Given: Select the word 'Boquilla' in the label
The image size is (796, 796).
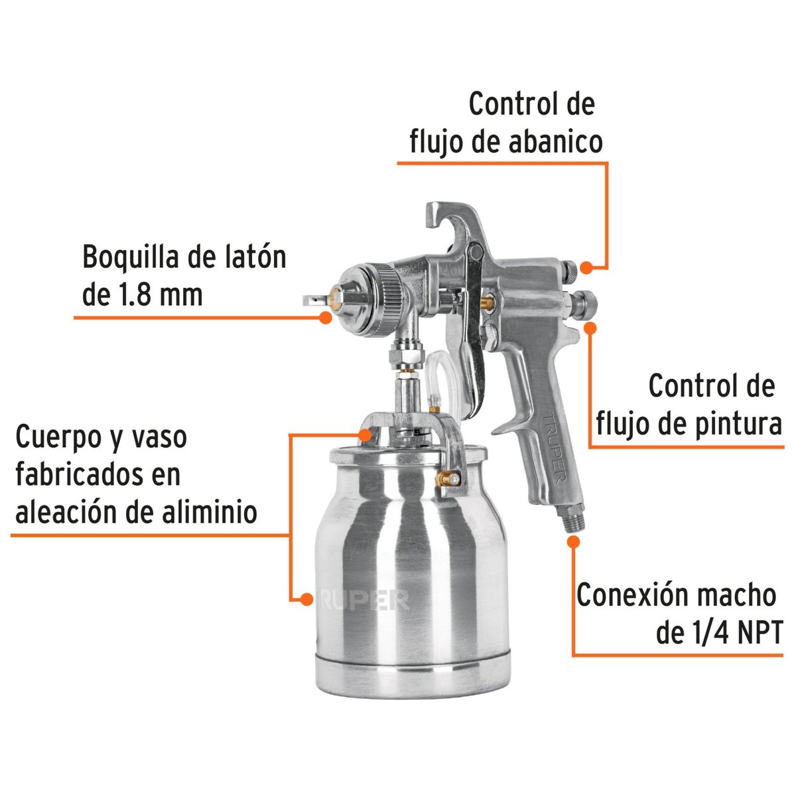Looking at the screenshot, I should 129,257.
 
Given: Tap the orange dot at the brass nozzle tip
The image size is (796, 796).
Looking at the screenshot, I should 325,317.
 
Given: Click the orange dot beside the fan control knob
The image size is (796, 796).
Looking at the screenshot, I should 586,267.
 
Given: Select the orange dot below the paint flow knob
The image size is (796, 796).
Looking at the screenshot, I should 590,326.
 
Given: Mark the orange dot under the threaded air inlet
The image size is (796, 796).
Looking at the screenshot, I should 574,541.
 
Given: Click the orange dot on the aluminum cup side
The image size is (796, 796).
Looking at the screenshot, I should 306,599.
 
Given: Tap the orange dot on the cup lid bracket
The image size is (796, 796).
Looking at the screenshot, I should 365,434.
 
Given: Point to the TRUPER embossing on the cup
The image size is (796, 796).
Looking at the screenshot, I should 365,599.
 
